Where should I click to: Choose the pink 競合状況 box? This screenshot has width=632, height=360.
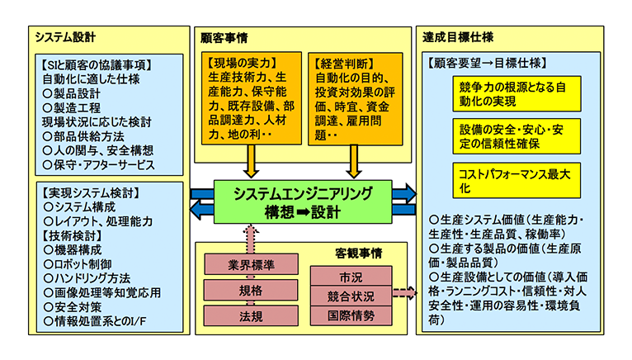point(350,296)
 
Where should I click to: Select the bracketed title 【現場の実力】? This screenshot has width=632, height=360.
point(243,62)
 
